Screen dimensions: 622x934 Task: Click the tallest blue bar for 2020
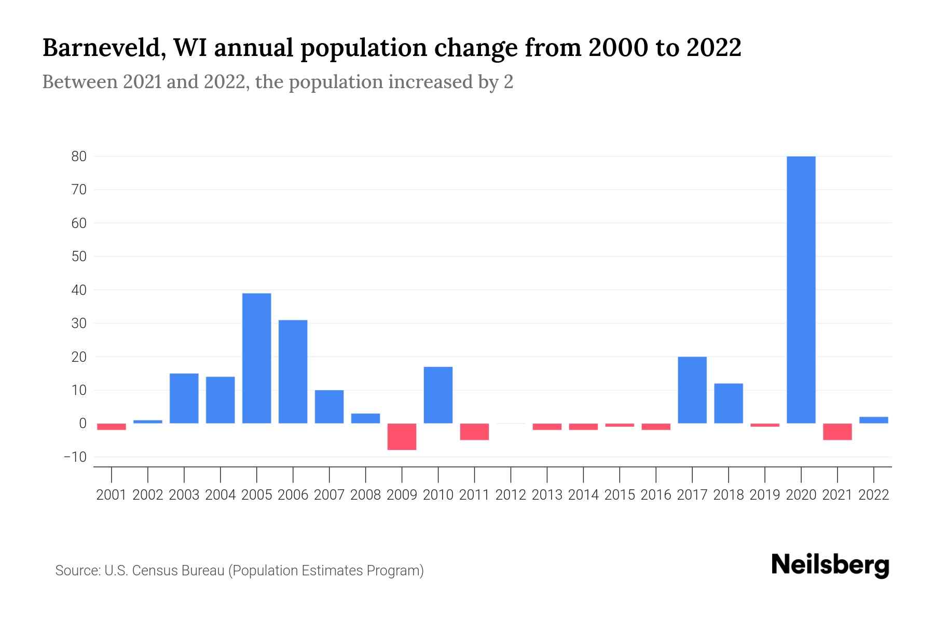(801, 290)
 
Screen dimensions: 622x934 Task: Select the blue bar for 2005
(256, 358)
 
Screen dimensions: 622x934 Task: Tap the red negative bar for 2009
(402, 436)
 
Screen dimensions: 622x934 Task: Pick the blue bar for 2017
(692, 390)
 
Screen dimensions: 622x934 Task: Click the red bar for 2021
(837, 432)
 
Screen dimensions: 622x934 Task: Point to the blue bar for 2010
(438, 395)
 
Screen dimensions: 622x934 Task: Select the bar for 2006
(293, 372)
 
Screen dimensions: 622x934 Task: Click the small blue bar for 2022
(873, 420)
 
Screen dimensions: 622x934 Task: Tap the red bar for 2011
(474, 432)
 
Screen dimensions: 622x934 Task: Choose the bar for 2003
(184, 398)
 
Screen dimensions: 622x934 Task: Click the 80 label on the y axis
(79, 157)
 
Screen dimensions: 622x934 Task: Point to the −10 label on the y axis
(75, 457)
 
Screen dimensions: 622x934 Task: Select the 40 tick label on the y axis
(79, 290)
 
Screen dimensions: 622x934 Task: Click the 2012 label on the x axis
(511, 495)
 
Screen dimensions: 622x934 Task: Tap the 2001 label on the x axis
(112, 495)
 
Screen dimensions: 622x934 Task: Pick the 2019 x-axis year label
(764, 495)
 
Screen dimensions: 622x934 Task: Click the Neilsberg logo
(830, 565)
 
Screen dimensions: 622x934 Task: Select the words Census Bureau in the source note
(178, 571)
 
